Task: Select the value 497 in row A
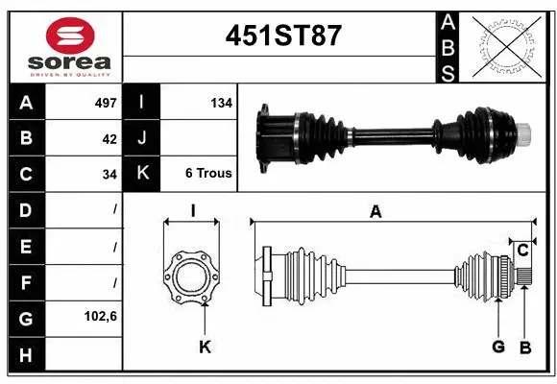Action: click(x=105, y=102)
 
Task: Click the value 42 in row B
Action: click(x=109, y=138)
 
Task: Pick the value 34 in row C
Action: click(x=109, y=175)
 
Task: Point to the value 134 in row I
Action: click(x=221, y=102)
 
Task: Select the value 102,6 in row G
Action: click(x=100, y=316)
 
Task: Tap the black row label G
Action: click(x=26, y=316)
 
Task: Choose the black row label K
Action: click(x=142, y=174)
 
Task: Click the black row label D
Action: click(x=26, y=209)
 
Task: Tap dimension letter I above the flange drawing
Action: click(x=192, y=211)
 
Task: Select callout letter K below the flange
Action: click(x=204, y=347)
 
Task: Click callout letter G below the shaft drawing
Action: click(x=498, y=347)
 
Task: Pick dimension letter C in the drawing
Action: click(x=522, y=251)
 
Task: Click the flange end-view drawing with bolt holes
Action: click(x=192, y=274)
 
